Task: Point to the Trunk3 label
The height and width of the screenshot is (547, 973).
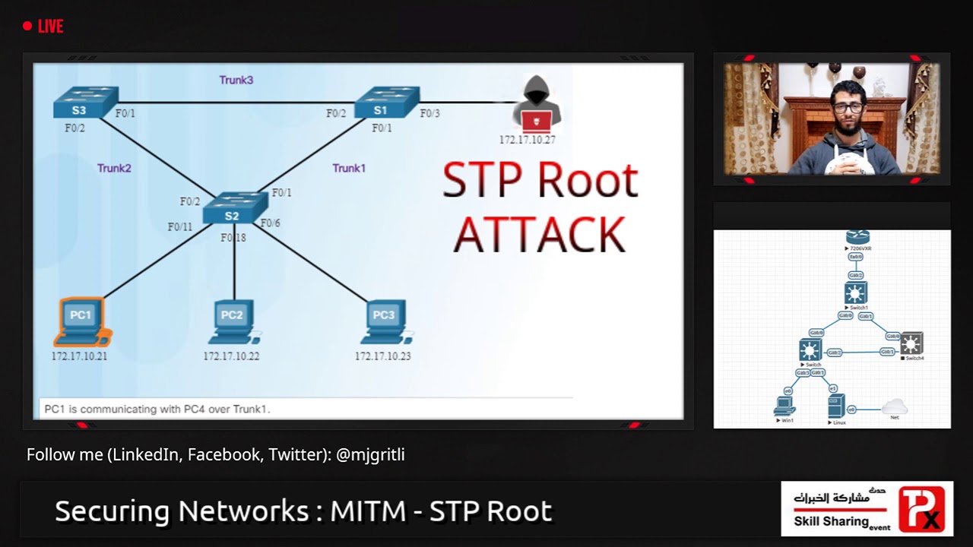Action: point(236,80)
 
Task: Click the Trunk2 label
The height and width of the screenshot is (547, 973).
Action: point(114,168)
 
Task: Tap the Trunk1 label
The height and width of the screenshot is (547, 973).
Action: point(349,168)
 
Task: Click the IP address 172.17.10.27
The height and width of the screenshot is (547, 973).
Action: point(527,140)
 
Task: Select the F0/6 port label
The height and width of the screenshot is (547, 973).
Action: point(270,223)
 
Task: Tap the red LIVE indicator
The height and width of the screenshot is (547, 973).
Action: point(43,27)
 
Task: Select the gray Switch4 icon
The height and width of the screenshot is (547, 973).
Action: point(911,344)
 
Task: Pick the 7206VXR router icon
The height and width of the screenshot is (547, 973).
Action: point(857,238)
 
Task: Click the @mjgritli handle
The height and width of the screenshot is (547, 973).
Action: point(370,455)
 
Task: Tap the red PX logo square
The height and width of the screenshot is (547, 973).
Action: point(921,508)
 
